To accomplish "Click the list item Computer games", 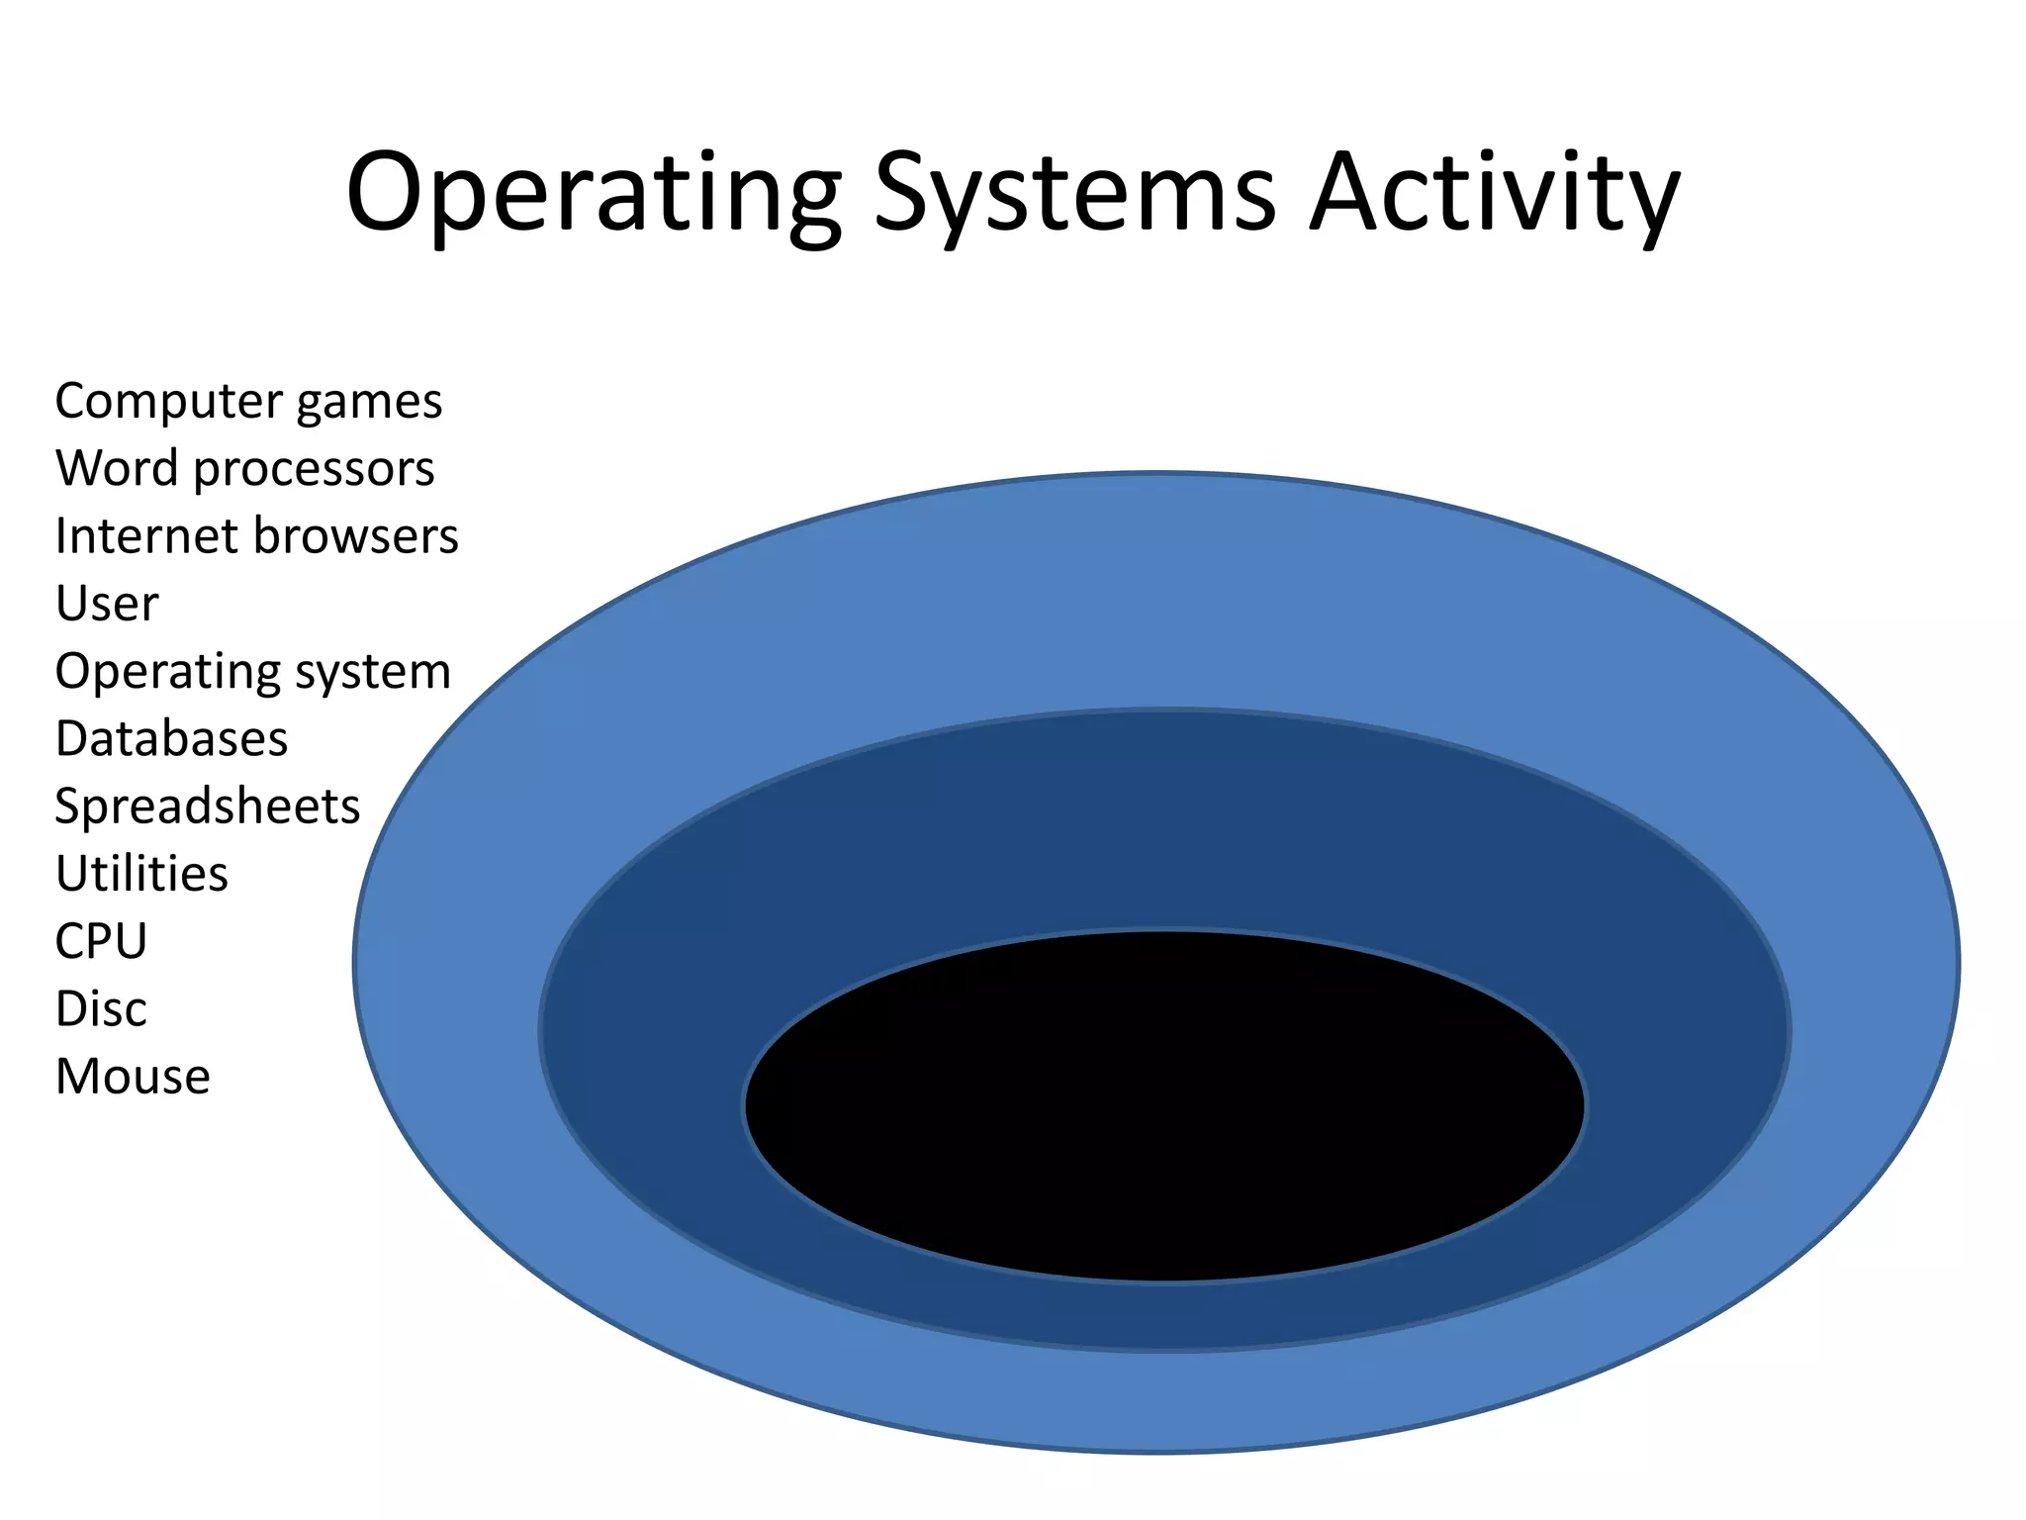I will (x=248, y=402).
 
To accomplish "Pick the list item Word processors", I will (x=244, y=469).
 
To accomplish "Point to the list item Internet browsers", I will (x=256, y=536).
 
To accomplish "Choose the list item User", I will (x=107, y=604).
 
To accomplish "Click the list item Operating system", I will (x=252, y=672).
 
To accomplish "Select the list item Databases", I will (x=171, y=739).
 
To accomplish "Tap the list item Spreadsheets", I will (x=207, y=807).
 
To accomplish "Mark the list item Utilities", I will (x=141, y=874).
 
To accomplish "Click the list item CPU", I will (x=101, y=941).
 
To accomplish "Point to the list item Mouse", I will (x=133, y=1077).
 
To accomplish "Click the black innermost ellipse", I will (x=1164, y=1106).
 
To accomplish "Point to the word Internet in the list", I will (x=147, y=536).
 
